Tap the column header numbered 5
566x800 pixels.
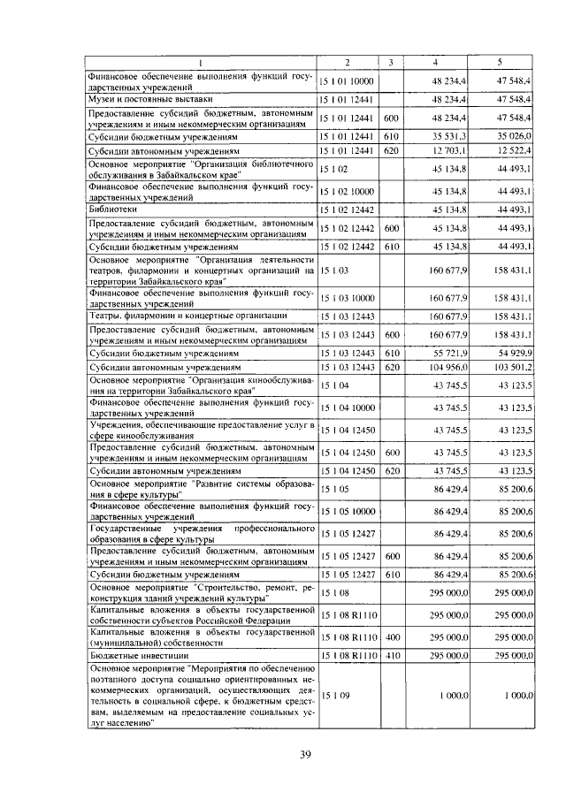[501, 61]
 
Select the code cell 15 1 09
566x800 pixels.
[335, 696]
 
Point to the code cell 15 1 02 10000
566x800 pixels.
[348, 191]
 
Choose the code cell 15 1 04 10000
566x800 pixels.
[348, 408]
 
